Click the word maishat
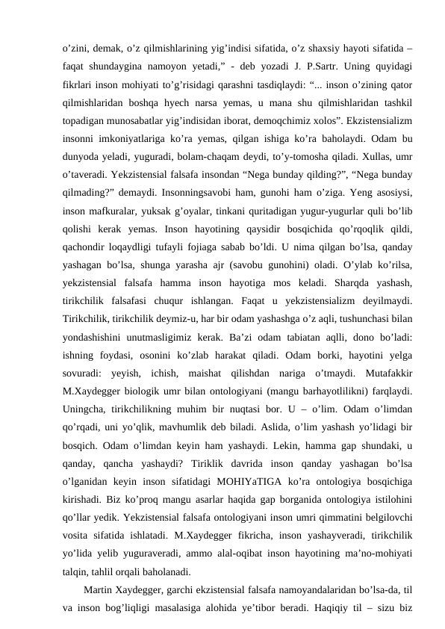215,455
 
